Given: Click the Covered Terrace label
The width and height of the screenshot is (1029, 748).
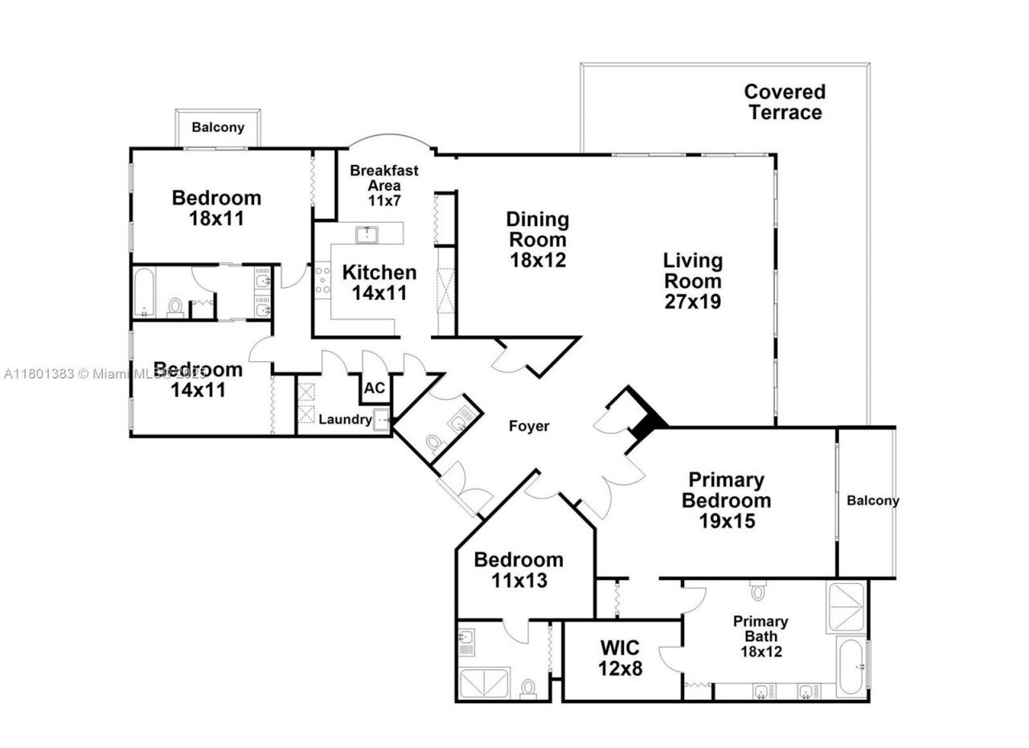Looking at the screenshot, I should tap(784, 102).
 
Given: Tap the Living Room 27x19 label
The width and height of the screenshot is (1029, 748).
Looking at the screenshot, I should tap(692, 282).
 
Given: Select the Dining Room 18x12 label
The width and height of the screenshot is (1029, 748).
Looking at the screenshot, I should tap(537, 240).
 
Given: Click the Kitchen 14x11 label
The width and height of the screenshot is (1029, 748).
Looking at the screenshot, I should tap(379, 282).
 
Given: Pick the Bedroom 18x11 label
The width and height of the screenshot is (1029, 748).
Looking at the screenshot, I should tap(215, 208).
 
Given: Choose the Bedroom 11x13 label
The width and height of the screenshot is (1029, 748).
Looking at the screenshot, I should tap(518, 569).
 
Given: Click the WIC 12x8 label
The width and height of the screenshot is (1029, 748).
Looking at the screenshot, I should tap(620, 657).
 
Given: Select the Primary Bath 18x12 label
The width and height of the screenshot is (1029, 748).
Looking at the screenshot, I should tap(760, 636).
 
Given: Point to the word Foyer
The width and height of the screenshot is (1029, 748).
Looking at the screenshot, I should tap(528, 426).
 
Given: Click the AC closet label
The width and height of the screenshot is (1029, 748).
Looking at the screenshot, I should tap(375, 388).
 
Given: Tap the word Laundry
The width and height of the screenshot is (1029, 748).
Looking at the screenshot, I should tap(345, 420).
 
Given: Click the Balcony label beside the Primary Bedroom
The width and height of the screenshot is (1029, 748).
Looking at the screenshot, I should tap(872, 500).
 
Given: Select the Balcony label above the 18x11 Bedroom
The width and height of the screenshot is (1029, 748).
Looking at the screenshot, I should tap(217, 128).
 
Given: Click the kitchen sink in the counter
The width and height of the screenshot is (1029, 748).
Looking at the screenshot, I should tap(367, 235).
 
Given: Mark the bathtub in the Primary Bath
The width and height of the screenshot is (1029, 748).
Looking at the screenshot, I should tap(851, 667).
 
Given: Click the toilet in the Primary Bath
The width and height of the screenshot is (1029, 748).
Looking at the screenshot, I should tap(758, 592).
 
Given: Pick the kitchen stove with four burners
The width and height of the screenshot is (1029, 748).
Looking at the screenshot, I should tap(322, 279).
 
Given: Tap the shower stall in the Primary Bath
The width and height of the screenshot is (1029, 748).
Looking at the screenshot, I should tap(846, 607).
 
